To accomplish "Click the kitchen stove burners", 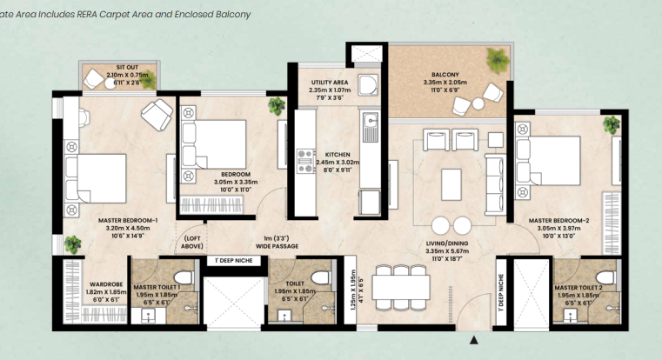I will tap(305, 162).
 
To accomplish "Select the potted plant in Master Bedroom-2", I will tap(612, 123).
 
